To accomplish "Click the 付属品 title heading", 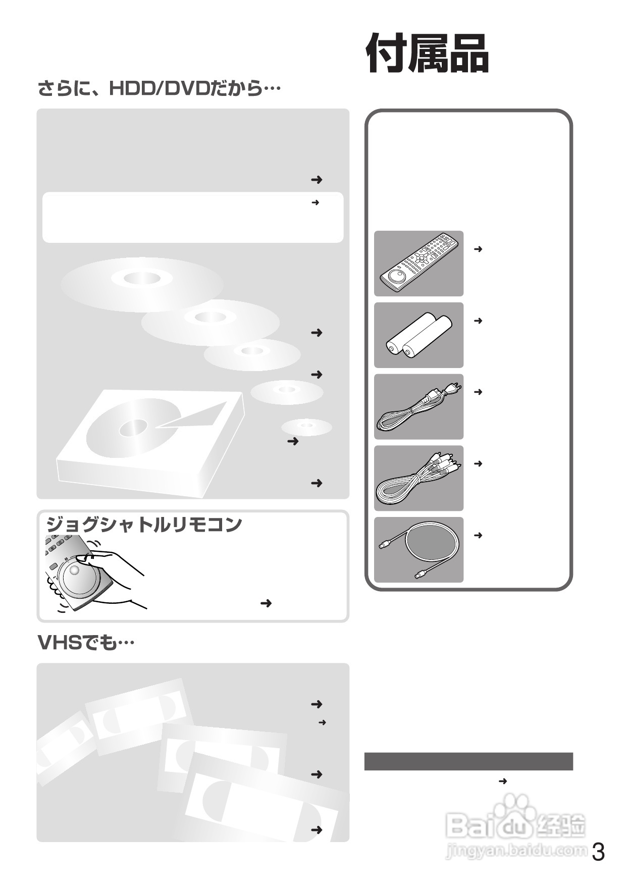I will (x=427, y=54).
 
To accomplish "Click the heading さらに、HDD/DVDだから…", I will (x=159, y=89).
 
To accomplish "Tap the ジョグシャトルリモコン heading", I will (x=144, y=525).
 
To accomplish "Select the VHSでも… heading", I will (x=86, y=643).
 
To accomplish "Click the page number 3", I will (x=598, y=853).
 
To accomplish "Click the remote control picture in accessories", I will (x=419, y=264).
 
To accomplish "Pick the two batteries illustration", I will (x=419, y=335).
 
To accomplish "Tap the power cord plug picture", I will (x=419, y=407).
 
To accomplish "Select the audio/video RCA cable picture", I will (x=419, y=478).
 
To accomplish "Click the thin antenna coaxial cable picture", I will (x=419, y=550).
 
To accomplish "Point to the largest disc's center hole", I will (x=143, y=278).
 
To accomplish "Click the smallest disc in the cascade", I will (x=306, y=427).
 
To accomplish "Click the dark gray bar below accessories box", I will (x=468, y=761).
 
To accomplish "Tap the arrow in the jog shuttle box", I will (x=266, y=603).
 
